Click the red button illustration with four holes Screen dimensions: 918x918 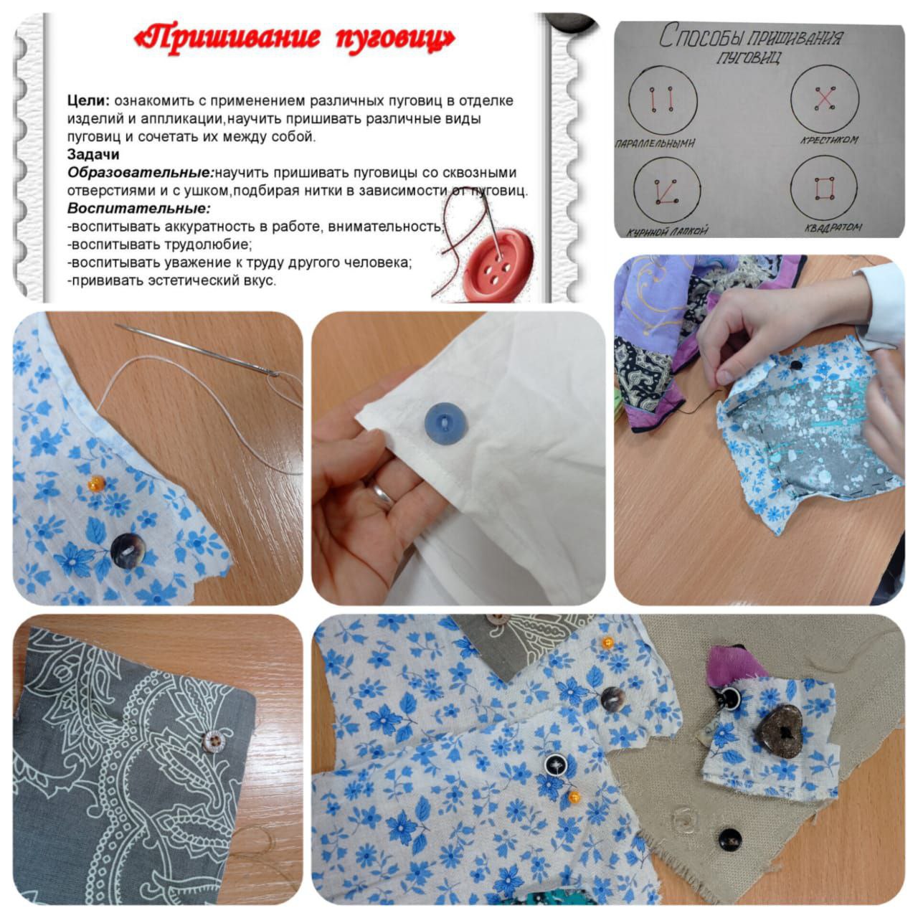pyautogui.click(x=498, y=265)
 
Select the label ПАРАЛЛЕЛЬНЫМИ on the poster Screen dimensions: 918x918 pyautogui.click(x=656, y=143)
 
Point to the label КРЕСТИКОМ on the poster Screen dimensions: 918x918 pyautogui.click(x=829, y=141)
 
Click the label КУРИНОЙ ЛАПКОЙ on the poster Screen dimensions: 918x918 pyautogui.click(x=667, y=231)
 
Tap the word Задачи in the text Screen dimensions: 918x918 pyautogui.click(x=93, y=155)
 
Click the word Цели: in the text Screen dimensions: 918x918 pyautogui.click(x=89, y=101)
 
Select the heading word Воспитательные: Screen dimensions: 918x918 pyautogui.click(x=139, y=209)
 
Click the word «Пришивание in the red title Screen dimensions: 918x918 pyautogui.click(x=228, y=38)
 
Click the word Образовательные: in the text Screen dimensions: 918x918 pyautogui.click(x=141, y=173)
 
